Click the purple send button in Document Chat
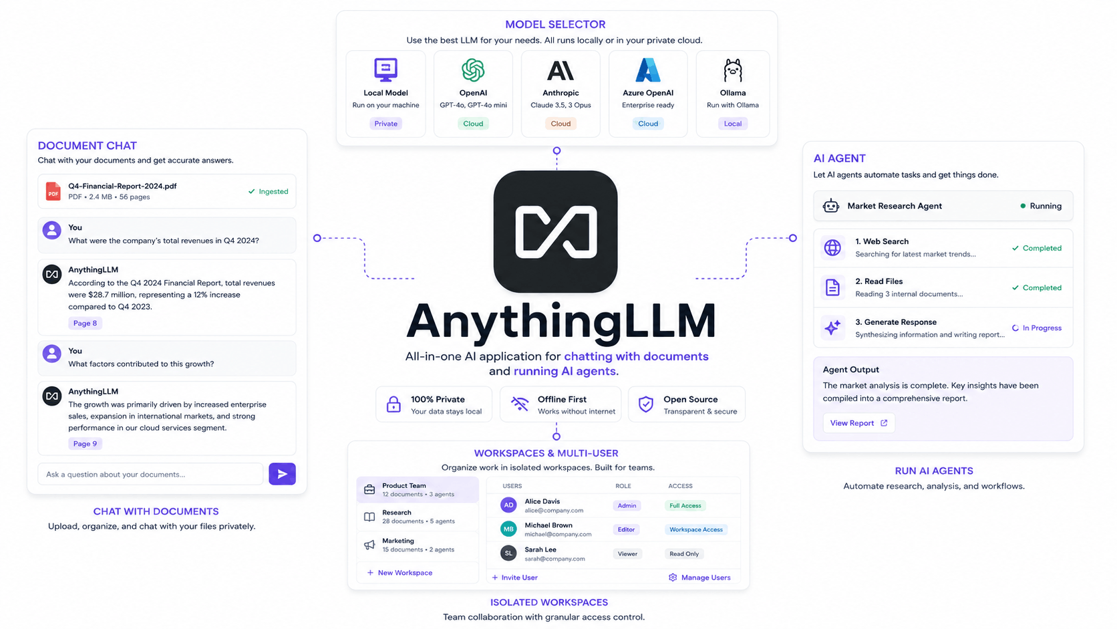[x=282, y=474]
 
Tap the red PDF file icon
[x=53, y=192]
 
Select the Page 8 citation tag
[x=85, y=324]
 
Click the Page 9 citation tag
[x=85, y=443]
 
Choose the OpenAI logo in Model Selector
[x=473, y=70]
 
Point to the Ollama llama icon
[x=733, y=70]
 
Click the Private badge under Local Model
[x=385, y=124]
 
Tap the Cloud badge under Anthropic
[x=561, y=124]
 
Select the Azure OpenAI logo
[x=648, y=70]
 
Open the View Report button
[x=858, y=423]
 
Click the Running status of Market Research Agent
[x=1041, y=206]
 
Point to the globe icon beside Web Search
[x=832, y=248]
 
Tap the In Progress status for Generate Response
[x=1037, y=328]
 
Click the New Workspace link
[x=400, y=573]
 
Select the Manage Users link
[x=699, y=578]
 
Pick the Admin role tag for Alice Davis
[x=627, y=506]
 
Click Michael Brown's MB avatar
[x=508, y=529]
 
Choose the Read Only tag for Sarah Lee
[x=683, y=553]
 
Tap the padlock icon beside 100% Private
[x=393, y=404]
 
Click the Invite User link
[x=514, y=578]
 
